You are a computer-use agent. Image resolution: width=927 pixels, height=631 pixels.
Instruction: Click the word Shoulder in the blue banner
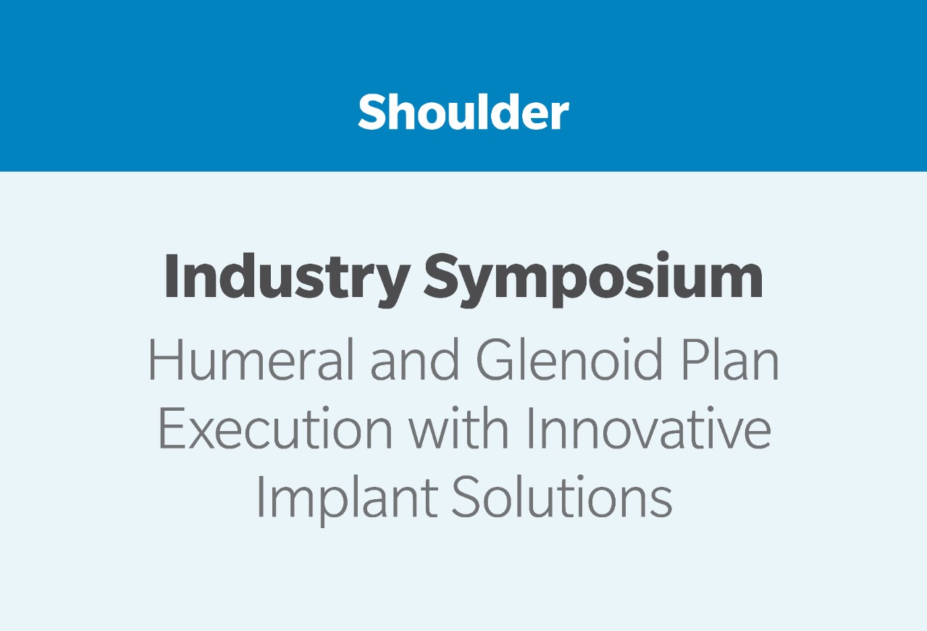coord(463,112)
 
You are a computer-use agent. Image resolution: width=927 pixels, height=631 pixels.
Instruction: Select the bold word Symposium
coord(593,279)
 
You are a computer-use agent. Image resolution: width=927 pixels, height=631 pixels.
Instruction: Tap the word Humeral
coord(251,359)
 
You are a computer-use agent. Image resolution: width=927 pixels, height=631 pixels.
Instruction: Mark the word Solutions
coord(561,497)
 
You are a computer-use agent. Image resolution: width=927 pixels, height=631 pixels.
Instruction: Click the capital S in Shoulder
coord(372,112)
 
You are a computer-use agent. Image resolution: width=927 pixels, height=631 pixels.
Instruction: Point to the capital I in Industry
coord(171,275)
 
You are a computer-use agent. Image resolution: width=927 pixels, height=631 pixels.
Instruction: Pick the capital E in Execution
coord(172,428)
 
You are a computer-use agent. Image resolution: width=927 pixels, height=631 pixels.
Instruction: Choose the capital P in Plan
coord(694,359)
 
